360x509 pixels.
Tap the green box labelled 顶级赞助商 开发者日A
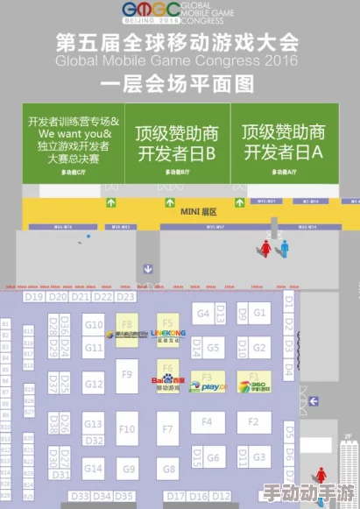pos(282,143)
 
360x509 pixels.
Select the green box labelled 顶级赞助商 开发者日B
pos(175,143)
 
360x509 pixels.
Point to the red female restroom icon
pos(266,248)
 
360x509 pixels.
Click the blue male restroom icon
pos(285,248)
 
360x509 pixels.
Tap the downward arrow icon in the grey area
pos(151,268)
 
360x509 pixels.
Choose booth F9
pos(127,375)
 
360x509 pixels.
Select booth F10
pos(127,428)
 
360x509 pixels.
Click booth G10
pos(94,325)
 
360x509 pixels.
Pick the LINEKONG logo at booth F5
pos(167,333)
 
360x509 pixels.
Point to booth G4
pos(203,312)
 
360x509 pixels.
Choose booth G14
pos(93,469)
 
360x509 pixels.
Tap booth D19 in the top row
pos(34,297)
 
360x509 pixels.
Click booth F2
pos(254,421)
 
